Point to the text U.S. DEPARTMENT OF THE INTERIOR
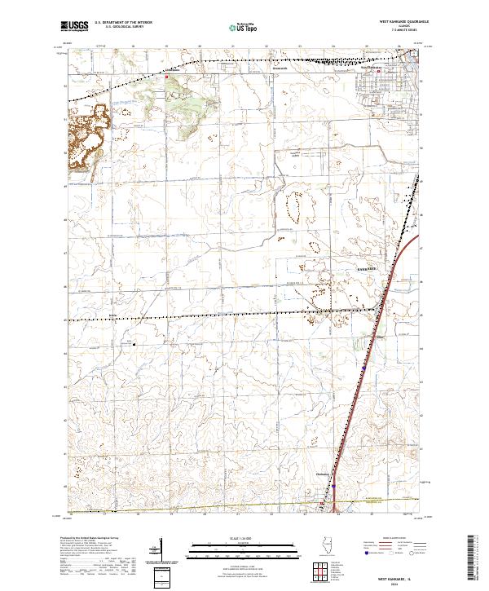[123, 23]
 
